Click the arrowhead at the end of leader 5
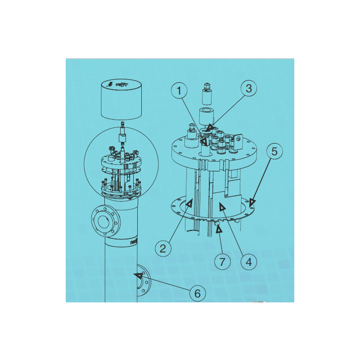253,202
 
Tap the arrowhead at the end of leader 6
137,274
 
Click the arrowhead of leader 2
189,204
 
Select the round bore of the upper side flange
103,221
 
